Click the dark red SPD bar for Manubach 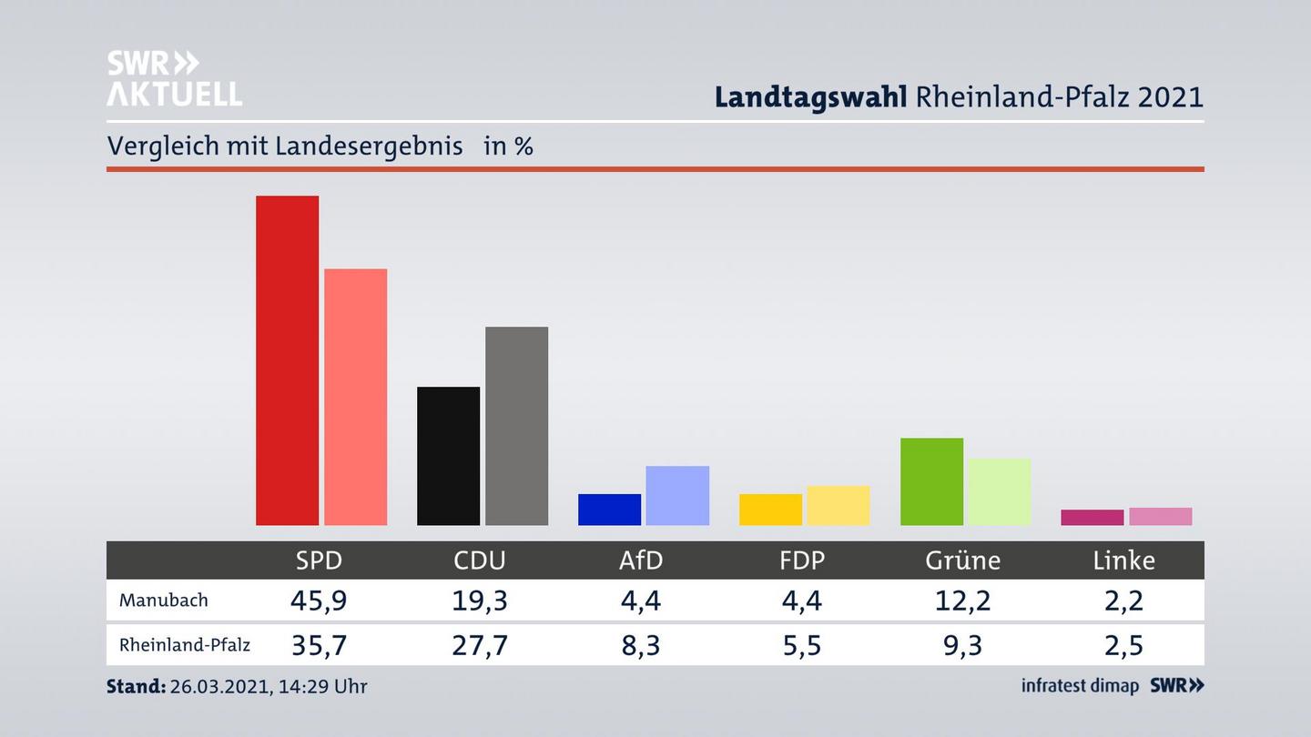(287, 360)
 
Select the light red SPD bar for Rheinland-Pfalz (355, 397)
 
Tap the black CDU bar (448, 456)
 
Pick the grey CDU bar (516, 426)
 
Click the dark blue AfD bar (609, 510)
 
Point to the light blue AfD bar (677, 496)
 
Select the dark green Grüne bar (931, 481)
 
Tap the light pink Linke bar (1160, 517)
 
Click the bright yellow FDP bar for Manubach (770, 510)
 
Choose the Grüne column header (962, 560)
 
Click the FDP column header (802, 560)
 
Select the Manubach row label (164, 601)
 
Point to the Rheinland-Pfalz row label (185, 645)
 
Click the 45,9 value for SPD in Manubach (319, 601)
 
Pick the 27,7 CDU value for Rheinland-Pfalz (480, 645)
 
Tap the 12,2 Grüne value (962, 601)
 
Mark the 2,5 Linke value (1123, 645)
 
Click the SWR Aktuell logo (174, 78)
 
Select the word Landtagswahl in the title (810, 96)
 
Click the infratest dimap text (1080, 686)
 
